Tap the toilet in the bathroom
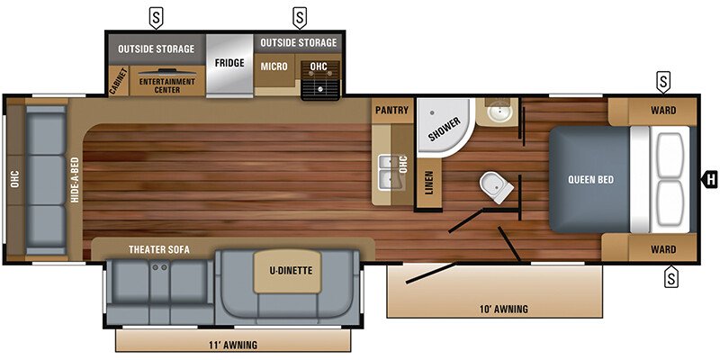click(x=494, y=185)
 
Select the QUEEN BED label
click(x=590, y=179)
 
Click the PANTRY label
click(x=392, y=112)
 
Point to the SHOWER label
click(x=444, y=130)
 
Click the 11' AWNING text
click(x=233, y=345)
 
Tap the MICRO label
click(x=274, y=67)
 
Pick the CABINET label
click(x=115, y=80)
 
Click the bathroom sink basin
click(x=497, y=114)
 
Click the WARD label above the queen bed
click(x=662, y=112)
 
